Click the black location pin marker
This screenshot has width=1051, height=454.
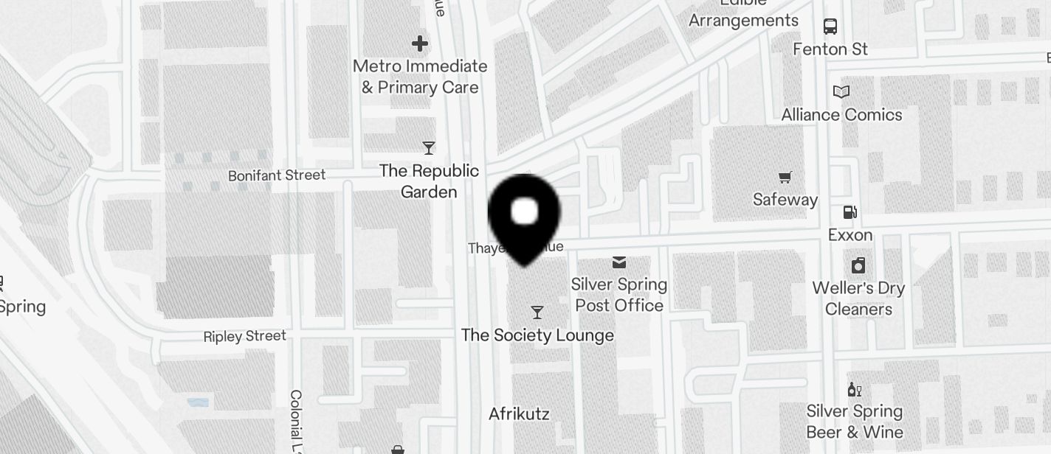[524, 214]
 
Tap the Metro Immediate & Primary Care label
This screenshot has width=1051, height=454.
[420, 77]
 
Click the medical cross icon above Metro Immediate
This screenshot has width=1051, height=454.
[420, 43]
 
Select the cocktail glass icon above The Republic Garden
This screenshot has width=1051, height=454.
[428, 148]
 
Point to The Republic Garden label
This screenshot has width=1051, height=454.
[429, 181]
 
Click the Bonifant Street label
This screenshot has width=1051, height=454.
[277, 175]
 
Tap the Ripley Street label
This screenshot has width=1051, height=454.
[245, 336]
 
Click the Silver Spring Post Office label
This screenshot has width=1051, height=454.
[619, 295]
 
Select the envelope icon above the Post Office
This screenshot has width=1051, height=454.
[619, 262]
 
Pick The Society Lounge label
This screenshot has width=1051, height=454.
[537, 335]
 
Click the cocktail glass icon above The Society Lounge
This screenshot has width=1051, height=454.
[537, 312]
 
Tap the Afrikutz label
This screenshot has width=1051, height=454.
[519, 413]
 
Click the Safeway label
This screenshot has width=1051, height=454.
[785, 200]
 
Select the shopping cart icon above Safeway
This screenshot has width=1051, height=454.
[785, 177]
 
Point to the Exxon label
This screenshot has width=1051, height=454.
[850, 235]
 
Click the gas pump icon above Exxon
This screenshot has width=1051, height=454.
[850, 212]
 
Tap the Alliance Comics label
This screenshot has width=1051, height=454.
[841, 115]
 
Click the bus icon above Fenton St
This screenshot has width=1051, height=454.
[830, 27]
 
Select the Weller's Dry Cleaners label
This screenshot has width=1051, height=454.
[858, 298]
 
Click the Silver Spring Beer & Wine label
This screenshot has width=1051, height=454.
[855, 422]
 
